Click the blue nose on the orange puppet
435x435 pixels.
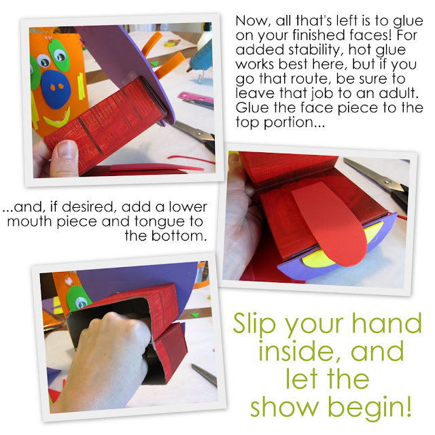coord(56,89)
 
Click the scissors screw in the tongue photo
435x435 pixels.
coord(387,183)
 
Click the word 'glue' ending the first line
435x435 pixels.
coord(408,22)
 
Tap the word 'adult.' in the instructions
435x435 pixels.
coord(398,93)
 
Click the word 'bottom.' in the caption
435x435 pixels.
coord(179,236)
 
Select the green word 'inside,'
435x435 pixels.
coord(300,350)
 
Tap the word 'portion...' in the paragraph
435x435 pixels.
coord(294,123)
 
